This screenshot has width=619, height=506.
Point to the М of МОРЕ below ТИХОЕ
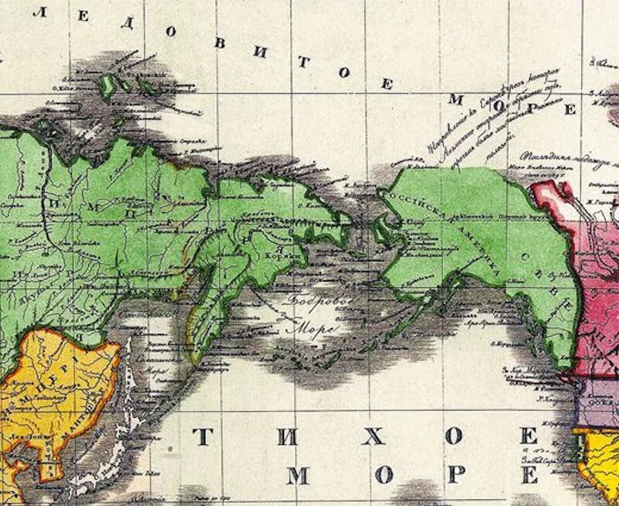point(297,474)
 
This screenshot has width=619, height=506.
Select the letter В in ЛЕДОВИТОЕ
point(220,43)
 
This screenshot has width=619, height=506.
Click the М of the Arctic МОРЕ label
point(457,98)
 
